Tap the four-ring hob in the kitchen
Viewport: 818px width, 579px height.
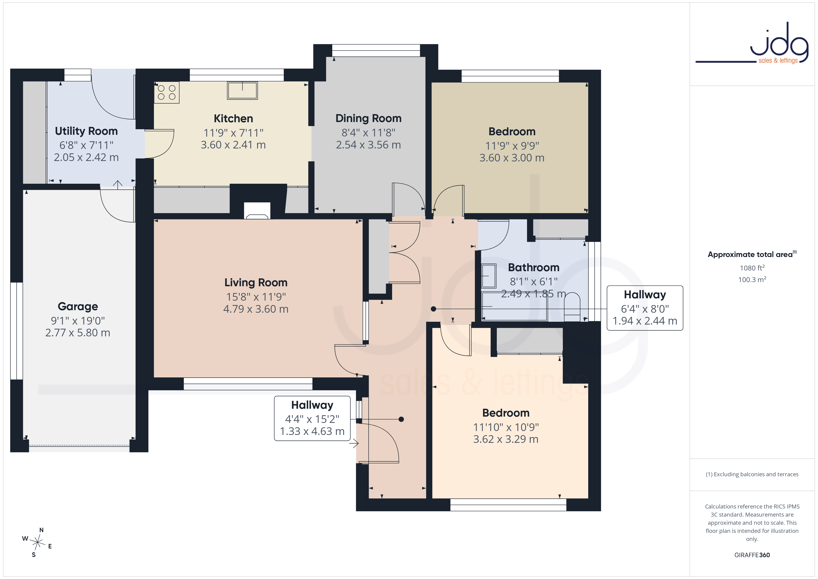click(x=167, y=92)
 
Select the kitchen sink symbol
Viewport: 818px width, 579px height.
click(x=242, y=90)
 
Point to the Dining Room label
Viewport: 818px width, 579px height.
click(x=368, y=118)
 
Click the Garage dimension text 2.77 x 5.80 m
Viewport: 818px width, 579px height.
click(x=78, y=333)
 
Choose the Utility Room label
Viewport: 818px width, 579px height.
click(x=86, y=131)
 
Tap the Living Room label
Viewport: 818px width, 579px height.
click(x=256, y=283)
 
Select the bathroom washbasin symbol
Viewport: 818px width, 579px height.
click(x=489, y=276)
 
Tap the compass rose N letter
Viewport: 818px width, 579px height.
click(x=41, y=530)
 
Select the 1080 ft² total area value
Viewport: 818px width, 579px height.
click(x=752, y=268)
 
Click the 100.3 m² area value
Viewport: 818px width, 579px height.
click(x=752, y=280)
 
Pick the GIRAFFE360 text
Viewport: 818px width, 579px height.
click(x=752, y=555)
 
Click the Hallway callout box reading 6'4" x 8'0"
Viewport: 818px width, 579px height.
click(x=645, y=308)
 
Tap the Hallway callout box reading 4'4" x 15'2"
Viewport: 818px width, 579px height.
click(x=312, y=418)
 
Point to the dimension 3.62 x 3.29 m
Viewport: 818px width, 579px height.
click(x=505, y=439)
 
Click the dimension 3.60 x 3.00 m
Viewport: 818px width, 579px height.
click(x=512, y=158)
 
